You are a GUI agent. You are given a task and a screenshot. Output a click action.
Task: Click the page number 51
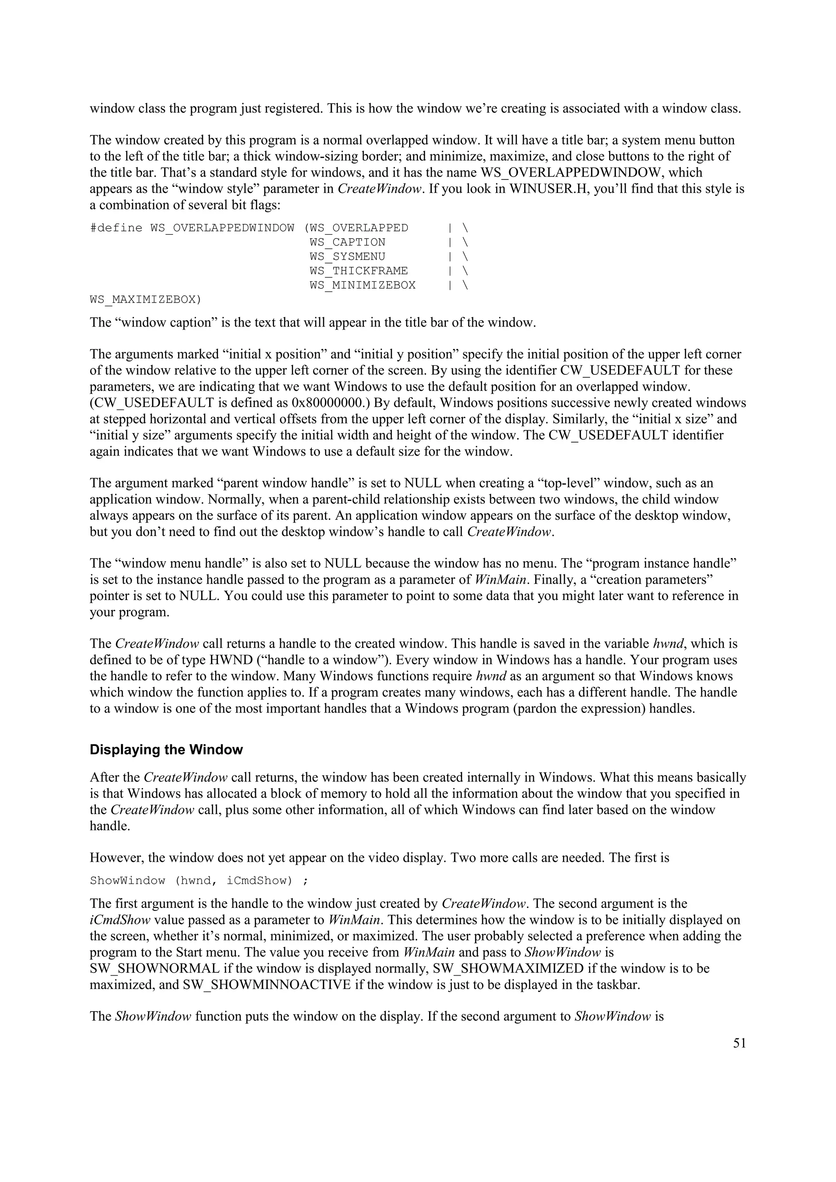[739, 1043]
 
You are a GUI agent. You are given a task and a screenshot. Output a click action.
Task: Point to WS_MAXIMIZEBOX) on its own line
[146, 300]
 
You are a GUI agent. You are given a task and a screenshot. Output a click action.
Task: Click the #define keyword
[116, 228]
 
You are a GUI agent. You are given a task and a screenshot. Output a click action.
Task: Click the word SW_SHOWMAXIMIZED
[508, 968]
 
